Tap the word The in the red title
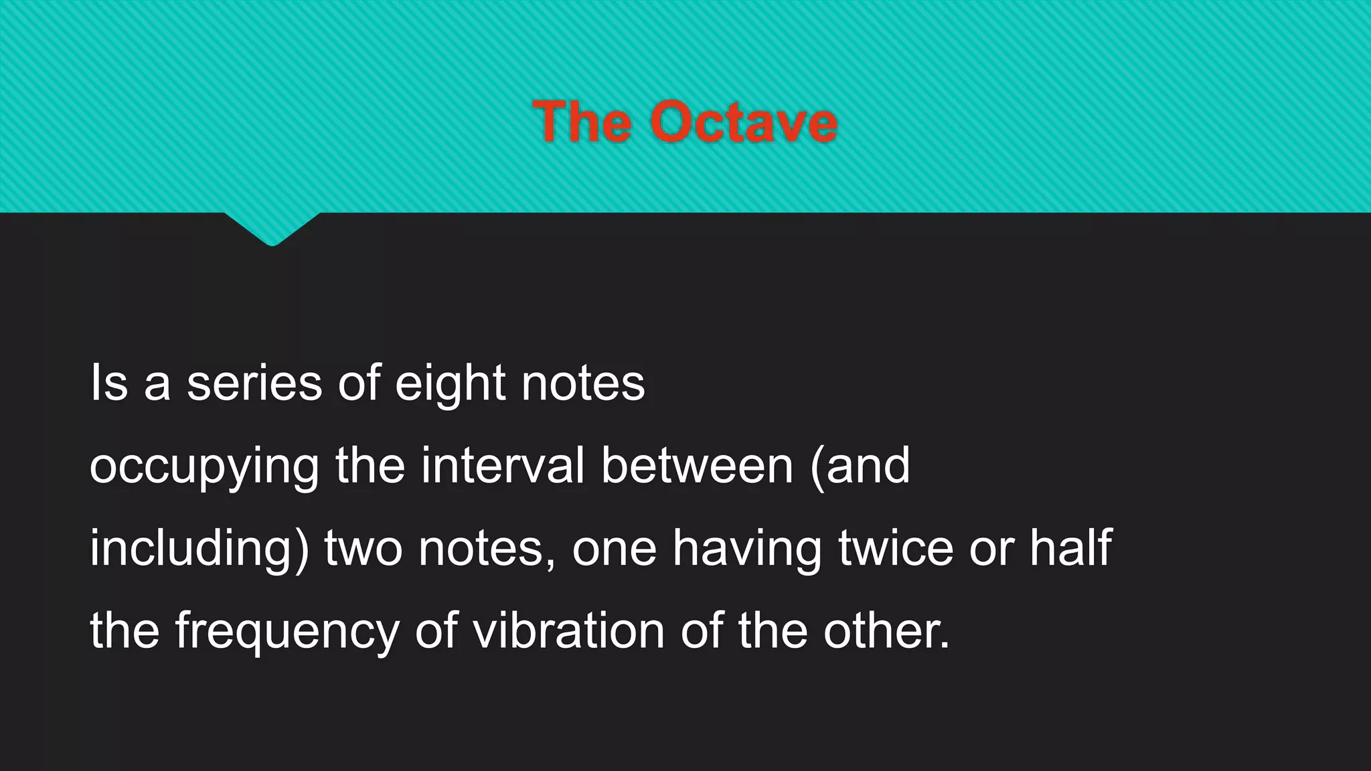pyautogui.click(x=582, y=122)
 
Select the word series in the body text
pyautogui.click(x=254, y=383)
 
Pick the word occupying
pyautogui.click(x=204, y=467)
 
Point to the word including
pyautogui.click(x=199, y=549)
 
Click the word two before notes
pyautogui.click(x=364, y=549)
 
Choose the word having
pyautogui.click(x=747, y=549)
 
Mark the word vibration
pyautogui.click(x=568, y=630)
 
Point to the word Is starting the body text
pyautogui.click(x=108, y=383)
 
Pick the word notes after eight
pyautogui.click(x=583, y=384)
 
